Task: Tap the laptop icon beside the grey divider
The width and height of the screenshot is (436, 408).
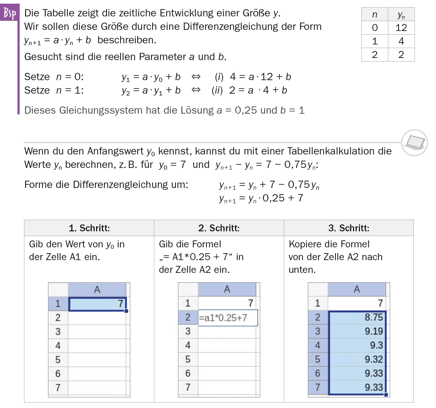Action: (x=415, y=142)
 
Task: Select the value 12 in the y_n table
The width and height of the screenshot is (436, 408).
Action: (x=401, y=28)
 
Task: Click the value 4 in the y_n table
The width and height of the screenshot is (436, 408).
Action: (x=401, y=41)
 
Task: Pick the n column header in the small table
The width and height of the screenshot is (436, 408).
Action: (x=374, y=15)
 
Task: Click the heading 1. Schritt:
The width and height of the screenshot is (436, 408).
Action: (x=89, y=228)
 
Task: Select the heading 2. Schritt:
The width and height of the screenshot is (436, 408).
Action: (x=219, y=228)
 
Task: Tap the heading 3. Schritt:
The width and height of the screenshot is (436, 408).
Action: (x=349, y=228)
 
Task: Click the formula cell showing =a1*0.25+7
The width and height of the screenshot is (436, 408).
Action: (x=227, y=318)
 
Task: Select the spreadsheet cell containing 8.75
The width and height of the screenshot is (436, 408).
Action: (x=357, y=317)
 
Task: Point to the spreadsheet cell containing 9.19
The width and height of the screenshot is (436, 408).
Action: (x=357, y=331)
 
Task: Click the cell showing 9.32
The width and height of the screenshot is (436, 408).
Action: (x=357, y=359)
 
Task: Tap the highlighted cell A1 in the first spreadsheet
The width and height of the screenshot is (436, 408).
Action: (x=97, y=303)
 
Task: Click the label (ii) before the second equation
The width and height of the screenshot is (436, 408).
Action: (x=217, y=90)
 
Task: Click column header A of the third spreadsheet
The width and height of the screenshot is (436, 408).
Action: (x=357, y=289)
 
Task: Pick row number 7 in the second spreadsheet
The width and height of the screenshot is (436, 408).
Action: (x=188, y=387)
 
